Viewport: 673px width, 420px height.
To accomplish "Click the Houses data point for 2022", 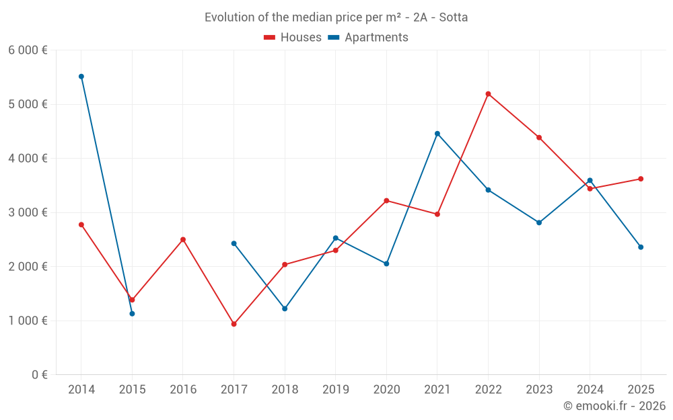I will pos(488,94).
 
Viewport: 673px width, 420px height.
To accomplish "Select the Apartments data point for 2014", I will pos(81,77).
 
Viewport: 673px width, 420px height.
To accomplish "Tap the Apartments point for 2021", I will pos(437,134).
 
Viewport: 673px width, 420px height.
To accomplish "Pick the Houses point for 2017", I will pos(234,324).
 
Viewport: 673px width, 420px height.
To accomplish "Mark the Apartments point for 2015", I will pos(132,314).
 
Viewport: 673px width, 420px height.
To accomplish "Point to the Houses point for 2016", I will pos(183,239).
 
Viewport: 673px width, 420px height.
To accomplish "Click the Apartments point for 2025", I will pos(641,247).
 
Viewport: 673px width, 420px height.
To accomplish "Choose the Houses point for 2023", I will pos(539,138).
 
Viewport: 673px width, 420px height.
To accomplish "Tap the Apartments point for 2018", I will pos(285,308).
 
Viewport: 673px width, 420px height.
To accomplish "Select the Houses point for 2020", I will pos(386,200).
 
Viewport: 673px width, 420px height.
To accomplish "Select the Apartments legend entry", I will pos(368,38).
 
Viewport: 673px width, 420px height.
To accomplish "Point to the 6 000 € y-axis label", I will pos(28,50).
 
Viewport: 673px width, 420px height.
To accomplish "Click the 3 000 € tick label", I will pos(28,212).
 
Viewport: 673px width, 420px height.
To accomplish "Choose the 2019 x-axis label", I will pos(336,389).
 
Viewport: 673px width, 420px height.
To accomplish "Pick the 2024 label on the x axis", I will pos(590,389).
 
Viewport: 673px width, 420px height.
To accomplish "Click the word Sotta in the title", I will pos(454,17).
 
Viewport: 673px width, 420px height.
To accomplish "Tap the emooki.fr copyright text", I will pos(614,406).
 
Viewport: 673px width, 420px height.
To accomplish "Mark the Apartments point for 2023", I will pos(539,222).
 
